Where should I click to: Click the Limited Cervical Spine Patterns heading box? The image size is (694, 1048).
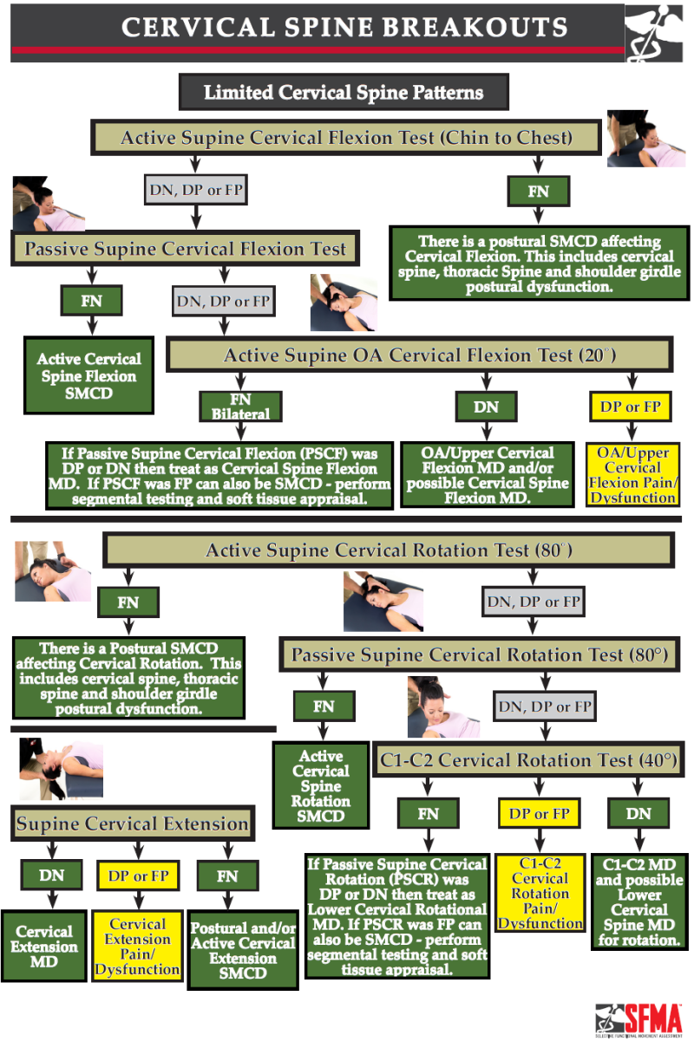tap(343, 92)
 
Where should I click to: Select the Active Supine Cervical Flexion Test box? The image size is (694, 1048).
tap(346, 138)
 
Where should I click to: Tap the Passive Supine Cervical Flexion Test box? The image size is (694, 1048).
tap(185, 250)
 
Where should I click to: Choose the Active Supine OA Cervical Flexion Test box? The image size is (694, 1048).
tap(419, 355)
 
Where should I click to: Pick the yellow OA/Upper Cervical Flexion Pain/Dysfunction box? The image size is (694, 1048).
tap(632, 475)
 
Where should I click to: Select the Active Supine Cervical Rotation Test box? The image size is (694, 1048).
tap(389, 550)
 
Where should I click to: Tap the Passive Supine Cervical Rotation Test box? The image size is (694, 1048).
tap(479, 654)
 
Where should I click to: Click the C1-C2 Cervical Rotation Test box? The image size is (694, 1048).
tap(527, 760)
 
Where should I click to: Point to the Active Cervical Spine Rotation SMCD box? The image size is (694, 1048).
tap(320, 785)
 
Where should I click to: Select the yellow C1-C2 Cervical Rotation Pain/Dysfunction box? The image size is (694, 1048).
tap(540, 893)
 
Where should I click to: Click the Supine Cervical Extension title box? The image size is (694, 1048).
tap(133, 823)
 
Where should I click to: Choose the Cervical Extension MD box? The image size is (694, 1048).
tap(43, 945)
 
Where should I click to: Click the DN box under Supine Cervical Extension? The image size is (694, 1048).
tap(51, 876)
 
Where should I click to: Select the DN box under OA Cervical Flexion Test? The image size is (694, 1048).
tap(486, 406)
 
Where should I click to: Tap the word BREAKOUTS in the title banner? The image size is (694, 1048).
tap(474, 27)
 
